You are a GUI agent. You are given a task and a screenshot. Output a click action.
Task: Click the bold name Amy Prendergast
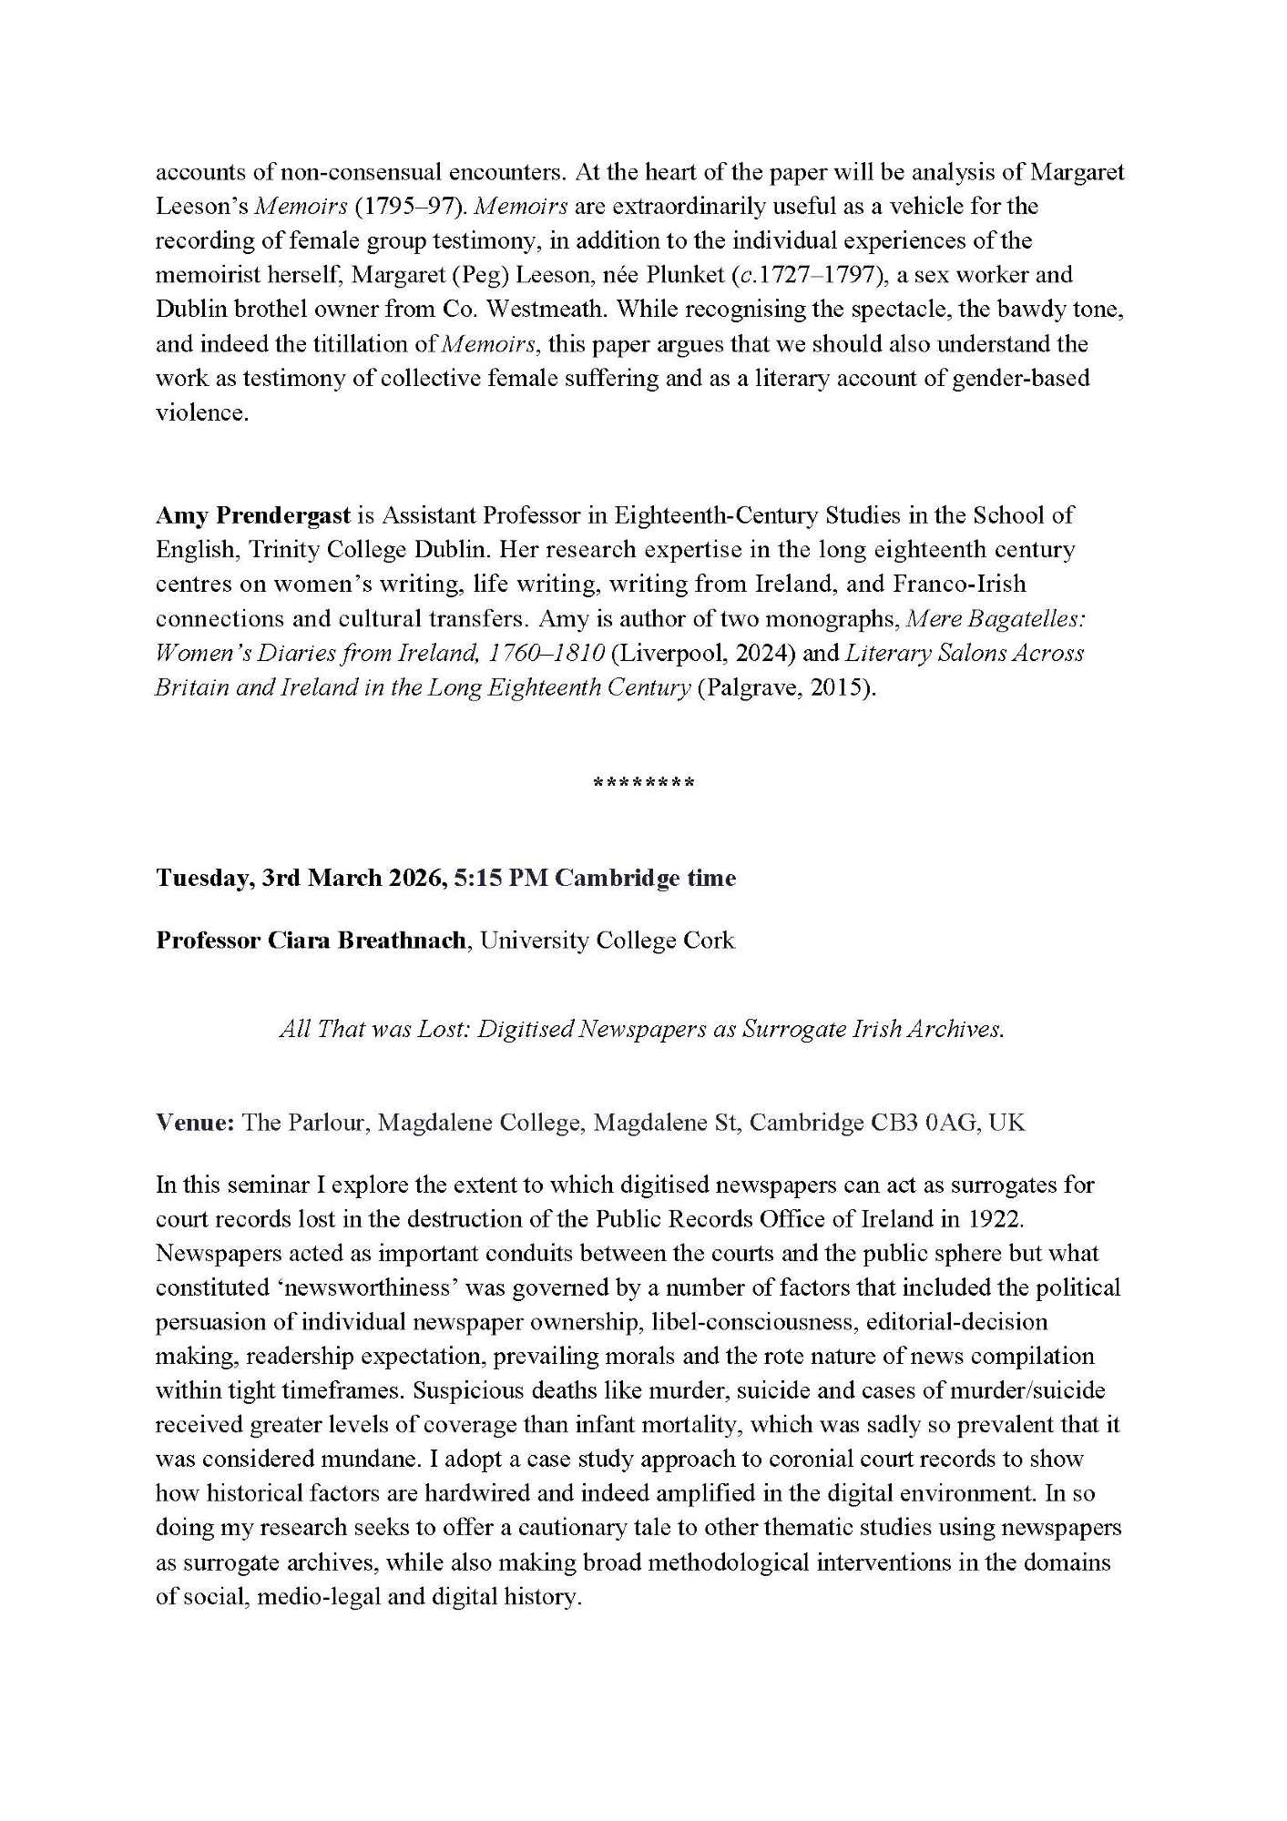click(253, 516)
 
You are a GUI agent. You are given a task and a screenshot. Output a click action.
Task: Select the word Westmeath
click(546, 310)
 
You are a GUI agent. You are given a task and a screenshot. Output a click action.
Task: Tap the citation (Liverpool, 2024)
click(704, 654)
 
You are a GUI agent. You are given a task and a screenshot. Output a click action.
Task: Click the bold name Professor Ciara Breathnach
click(313, 941)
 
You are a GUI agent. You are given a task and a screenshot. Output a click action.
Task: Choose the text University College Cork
click(608, 941)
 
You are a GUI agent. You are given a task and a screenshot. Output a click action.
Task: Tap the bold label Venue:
click(195, 1123)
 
